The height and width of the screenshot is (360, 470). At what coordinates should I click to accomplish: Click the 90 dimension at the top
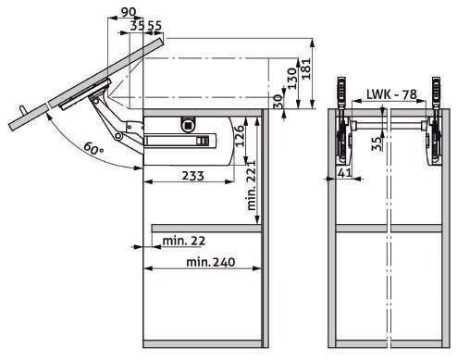click(128, 12)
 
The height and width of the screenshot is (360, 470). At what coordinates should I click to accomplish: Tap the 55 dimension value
click(154, 26)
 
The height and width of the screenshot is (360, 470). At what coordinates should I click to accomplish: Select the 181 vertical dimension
click(306, 68)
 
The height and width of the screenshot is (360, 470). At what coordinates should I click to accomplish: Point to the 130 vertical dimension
click(291, 79)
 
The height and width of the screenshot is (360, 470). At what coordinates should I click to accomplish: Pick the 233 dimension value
click(193, 176)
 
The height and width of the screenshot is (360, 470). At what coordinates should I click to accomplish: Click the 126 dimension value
click(240, 135)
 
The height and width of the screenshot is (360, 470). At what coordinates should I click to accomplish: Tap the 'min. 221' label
click(252, 185)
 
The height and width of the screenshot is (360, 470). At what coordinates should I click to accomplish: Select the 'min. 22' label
click(184, 241)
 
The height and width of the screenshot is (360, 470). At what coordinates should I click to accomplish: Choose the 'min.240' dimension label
click(211, 262)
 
